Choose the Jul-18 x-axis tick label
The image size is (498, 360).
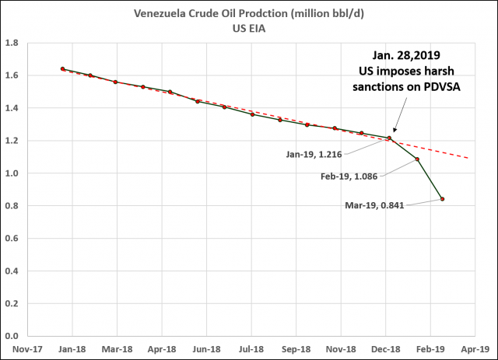pyautogui.click(x=251, y=349)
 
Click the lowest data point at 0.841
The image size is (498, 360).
pyautogui.click(x=443, y=199)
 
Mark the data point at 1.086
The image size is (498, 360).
pyautogui.click(x=418, y=159)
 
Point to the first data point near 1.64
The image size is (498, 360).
pyautogui.click(x=62, y=69)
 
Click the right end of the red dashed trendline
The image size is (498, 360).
pyautogui.click(x=468, y=158)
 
